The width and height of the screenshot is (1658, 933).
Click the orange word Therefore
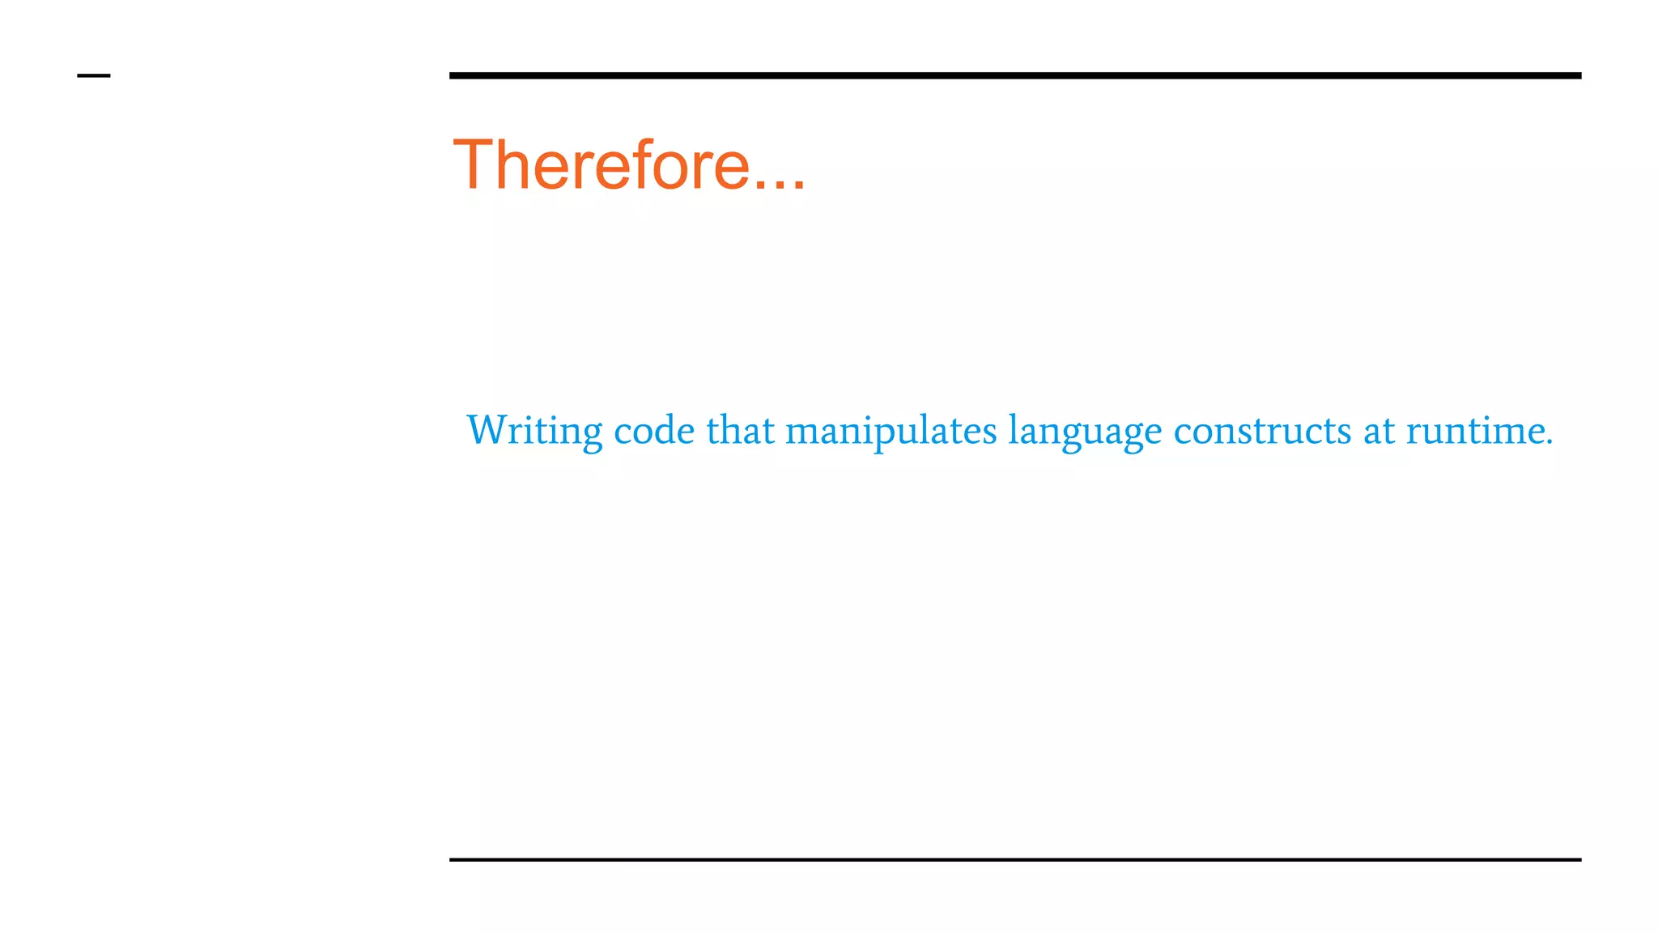click(602, 165)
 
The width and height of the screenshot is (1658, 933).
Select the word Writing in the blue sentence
click(534, 430)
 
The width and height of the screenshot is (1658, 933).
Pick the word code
click(654, 430)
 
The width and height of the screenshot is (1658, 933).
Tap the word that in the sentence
click(741, 430)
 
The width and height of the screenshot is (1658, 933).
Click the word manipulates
click(891, 430)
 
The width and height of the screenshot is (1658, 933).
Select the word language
click(1085, 432)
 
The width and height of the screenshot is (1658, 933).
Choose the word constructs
click(1262, 430)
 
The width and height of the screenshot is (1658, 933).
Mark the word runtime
click(1474, 430)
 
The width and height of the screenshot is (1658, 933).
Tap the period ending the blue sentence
click(1550, 442)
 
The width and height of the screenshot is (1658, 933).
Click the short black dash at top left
click(93, 76)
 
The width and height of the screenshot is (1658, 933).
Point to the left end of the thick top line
click(453, 75)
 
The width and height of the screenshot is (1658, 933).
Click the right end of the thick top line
click(1578, 75)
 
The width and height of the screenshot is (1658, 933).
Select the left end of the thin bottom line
click(453, 859)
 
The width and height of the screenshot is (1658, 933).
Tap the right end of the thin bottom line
click(1578, 859)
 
